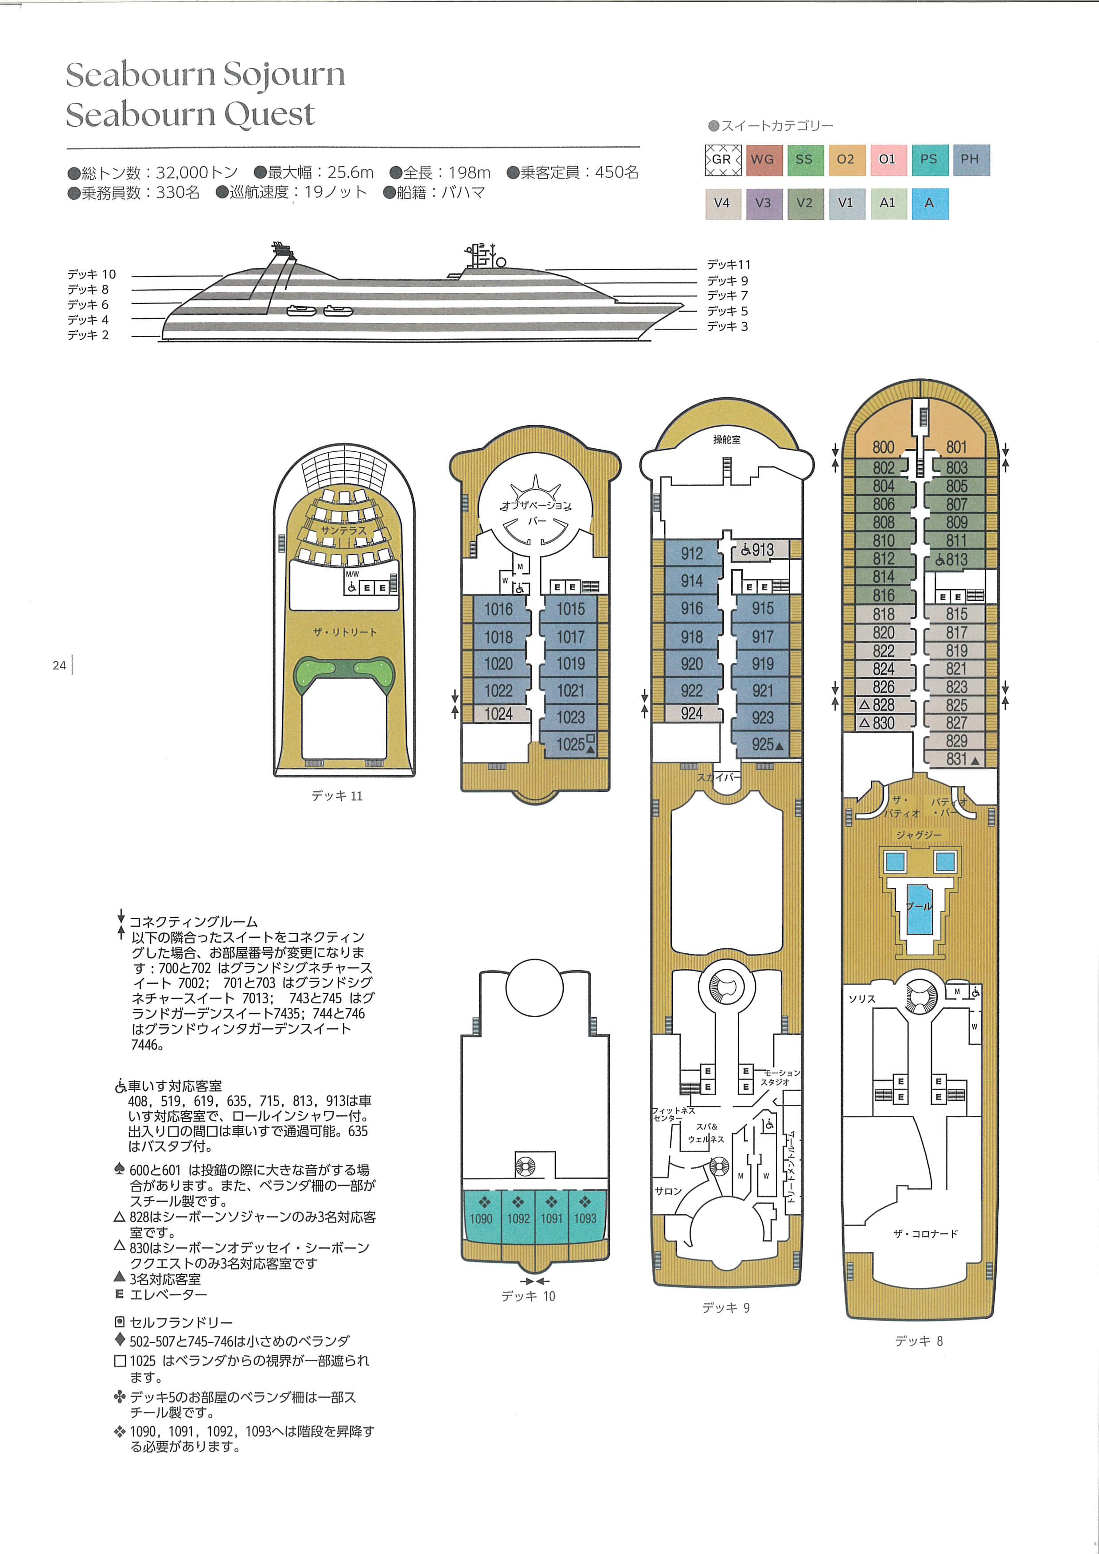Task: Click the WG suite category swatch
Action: tap(763, 160)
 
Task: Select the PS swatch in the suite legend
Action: tap(929, 160)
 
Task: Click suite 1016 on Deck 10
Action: tap(499, 609)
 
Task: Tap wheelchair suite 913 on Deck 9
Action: tap(761, 550)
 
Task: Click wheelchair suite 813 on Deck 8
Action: tap(955, 559)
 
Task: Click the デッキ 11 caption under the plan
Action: tap(337, 796)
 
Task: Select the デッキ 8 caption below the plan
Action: tap(919, 1341)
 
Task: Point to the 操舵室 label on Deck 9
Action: tap(727, 439)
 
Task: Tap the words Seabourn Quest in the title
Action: tap(190, 114)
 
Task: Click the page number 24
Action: tap(59, 665)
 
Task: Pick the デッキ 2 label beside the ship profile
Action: tap(88, 335)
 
